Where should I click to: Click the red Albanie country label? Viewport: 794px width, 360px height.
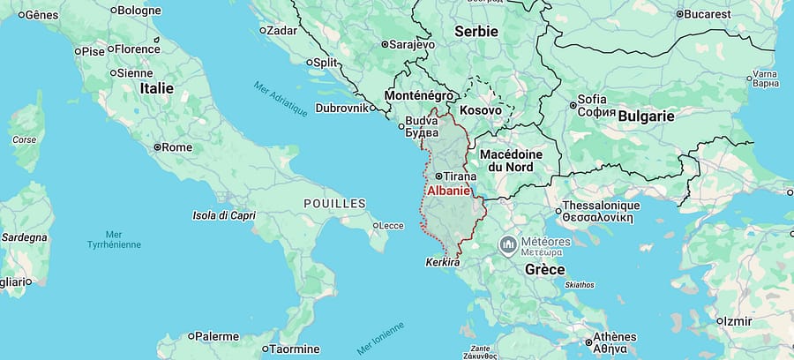click(448, 191)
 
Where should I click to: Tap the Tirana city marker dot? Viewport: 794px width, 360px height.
click(438, 176)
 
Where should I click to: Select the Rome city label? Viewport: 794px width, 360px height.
click(177, 147)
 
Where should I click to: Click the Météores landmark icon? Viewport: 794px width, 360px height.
click(508, 244)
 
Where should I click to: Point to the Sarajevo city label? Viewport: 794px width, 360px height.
click(414, 43)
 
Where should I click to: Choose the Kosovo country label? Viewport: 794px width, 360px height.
click(480, 110)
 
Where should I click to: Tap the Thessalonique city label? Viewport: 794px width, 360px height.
click(601, 206)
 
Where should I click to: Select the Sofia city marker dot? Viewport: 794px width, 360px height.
click(573, 106)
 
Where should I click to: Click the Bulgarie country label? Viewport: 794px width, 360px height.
click(646, 116)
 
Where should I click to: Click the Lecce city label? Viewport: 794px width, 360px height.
click(389, 225)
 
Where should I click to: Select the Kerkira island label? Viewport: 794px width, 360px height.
click(442, 262)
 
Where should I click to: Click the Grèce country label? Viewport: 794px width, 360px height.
click(544, 269)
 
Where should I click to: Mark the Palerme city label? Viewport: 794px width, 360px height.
click(216, 336)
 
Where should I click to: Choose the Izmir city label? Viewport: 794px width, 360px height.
click(739, 321)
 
